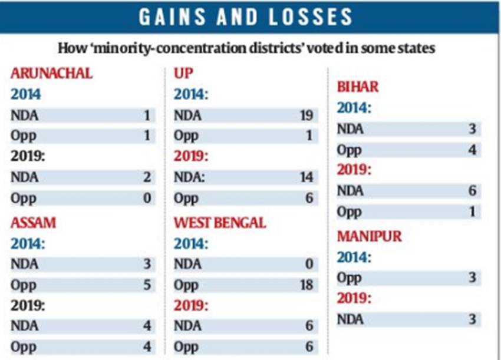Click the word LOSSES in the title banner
pos(313,17)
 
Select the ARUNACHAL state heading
pos(52,74)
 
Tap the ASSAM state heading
pos(34,223)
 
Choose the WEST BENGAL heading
pos(220,223)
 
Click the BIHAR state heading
pos(358,87)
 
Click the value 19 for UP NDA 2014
pos(306,115)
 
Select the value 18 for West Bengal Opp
pos(306,285)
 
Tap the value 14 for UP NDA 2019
pos(306,177)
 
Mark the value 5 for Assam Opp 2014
pos(147,285)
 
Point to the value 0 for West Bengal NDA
pos(309,264)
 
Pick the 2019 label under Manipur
pos(354,299)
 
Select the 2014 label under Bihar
pos(354,108)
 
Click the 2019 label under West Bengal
pos(191,306)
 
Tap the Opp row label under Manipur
pos(349,278)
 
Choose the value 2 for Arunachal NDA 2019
pos(147,177)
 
